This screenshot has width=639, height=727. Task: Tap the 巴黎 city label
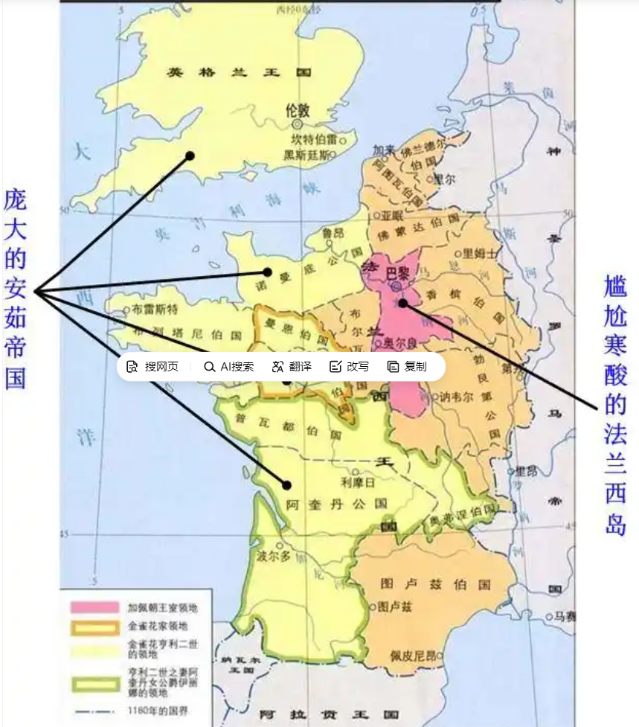coord(398,274)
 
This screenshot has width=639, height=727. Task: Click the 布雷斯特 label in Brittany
coord(155,309)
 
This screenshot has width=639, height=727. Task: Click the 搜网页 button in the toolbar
coord(153,366)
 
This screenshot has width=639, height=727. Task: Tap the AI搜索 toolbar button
coord(229,366)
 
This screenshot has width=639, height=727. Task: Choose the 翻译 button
coord(292,366)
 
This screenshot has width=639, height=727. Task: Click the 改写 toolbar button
coord(349,366)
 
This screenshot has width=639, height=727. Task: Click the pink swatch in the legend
coord(94,607)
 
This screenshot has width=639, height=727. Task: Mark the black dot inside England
coord(190,156)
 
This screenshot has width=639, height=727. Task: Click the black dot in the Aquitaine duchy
coord(286,484)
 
